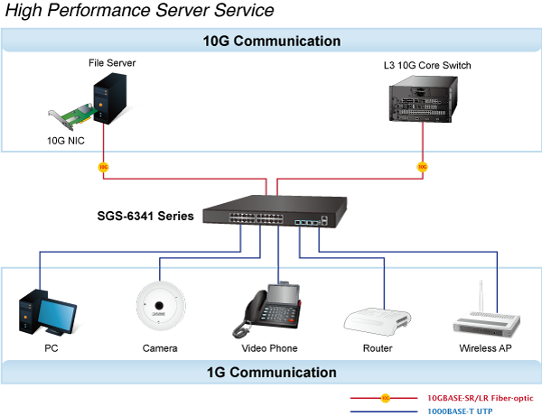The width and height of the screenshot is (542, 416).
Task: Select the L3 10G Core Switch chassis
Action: click(420, 100)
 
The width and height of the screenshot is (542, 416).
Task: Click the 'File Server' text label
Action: click(112, 64)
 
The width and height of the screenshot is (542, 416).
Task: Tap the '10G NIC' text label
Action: click(66, 142)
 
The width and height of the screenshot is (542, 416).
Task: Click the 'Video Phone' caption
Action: click(269, 348)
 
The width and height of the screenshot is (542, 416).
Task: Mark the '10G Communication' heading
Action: click(270, 42)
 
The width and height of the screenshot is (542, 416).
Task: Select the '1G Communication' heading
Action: click(270, 372)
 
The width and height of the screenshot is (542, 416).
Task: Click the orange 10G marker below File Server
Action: click(103, 167)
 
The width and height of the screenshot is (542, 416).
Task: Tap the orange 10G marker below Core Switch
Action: click(421, 167)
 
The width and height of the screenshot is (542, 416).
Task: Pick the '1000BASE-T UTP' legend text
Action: click(459, 410)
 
